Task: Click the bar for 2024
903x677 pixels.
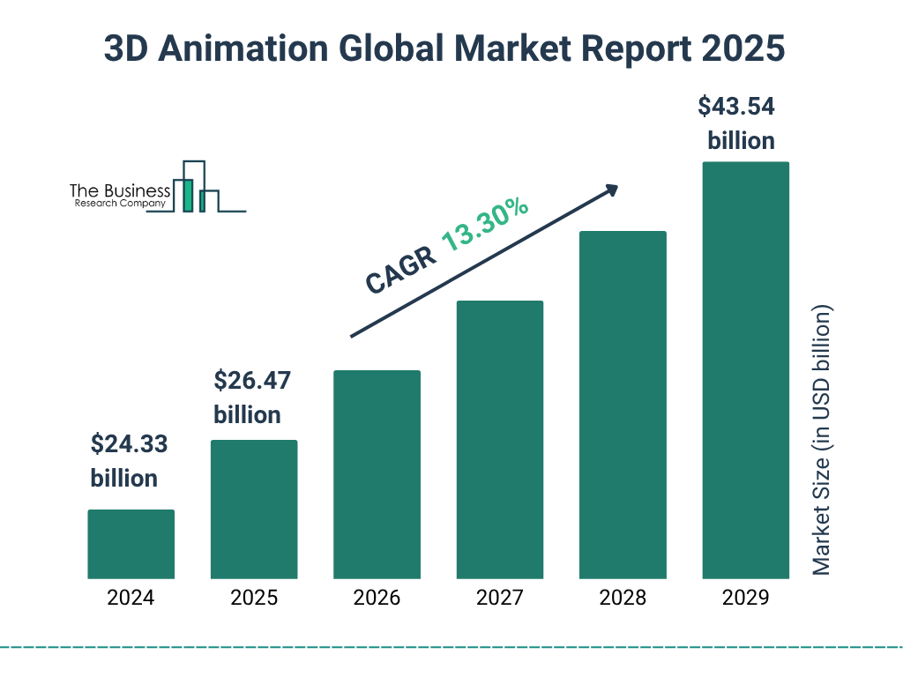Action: tap(131, 544)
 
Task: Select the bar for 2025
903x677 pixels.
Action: tap(254, 510)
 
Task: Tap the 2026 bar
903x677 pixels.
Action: tap(377, 474)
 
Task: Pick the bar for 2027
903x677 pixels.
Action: tap(500, 440)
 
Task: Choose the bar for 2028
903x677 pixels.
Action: tap(623, 405)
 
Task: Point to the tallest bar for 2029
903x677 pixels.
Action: tap(745, 370)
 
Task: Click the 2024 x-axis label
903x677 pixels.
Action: tap(131, 598)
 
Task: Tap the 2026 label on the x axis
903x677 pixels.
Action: tap(377, 598)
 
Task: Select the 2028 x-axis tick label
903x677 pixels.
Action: tap(623, 598)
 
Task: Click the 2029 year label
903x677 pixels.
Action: tap(745, 598)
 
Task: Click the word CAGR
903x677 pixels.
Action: tap(400, 270)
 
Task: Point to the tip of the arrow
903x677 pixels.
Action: tap(616, 187)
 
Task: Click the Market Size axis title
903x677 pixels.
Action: tap(822, 441)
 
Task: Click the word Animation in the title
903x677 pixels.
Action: tap(237, 49)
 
